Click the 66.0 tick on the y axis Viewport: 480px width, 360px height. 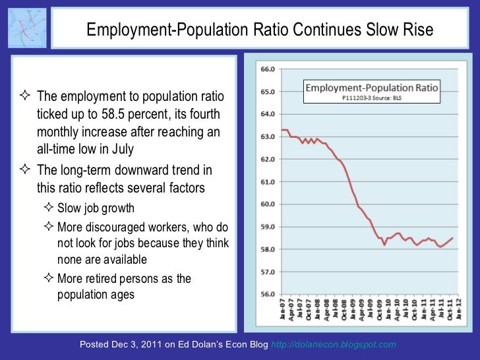coord(268,69)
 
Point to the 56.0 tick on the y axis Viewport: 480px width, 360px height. coord(268,294)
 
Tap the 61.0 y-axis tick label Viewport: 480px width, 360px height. coord(268,181)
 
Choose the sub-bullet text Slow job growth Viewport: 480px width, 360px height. coord(96,208)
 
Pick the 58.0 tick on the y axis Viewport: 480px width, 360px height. coord(268,249)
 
